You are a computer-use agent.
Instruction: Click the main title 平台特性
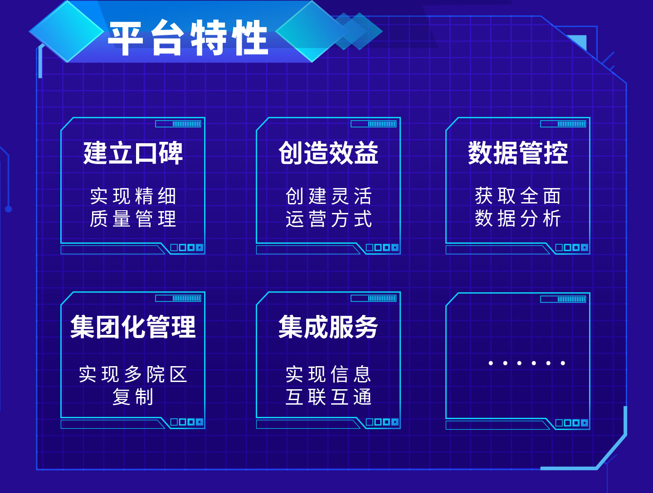click(188, 38)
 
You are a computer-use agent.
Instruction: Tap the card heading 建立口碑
click(133, 153)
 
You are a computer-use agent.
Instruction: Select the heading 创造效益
click(328, 153)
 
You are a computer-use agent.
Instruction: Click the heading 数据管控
click(518, 153)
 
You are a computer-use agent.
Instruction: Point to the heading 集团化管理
click(133, 327)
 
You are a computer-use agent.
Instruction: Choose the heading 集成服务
click(328, 327)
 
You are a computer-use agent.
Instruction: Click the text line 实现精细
click(133, 196)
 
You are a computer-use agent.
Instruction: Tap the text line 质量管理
click(133, 219)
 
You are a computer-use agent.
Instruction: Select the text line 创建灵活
click(328, 196)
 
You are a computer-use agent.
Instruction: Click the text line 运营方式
click(328, 219)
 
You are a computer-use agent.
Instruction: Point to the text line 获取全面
click(518, 196)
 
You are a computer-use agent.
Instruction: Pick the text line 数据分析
click(518, 219)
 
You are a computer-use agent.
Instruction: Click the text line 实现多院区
click(133, 374)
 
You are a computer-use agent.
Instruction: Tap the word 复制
click(133, 397)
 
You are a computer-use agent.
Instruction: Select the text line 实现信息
click(328, 374)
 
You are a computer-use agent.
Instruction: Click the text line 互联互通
click(328, 397)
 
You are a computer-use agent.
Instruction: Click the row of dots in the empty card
click(526, 363)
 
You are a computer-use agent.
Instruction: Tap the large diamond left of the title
click(67, 31)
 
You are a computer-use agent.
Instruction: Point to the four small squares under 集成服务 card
click(382, 422)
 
